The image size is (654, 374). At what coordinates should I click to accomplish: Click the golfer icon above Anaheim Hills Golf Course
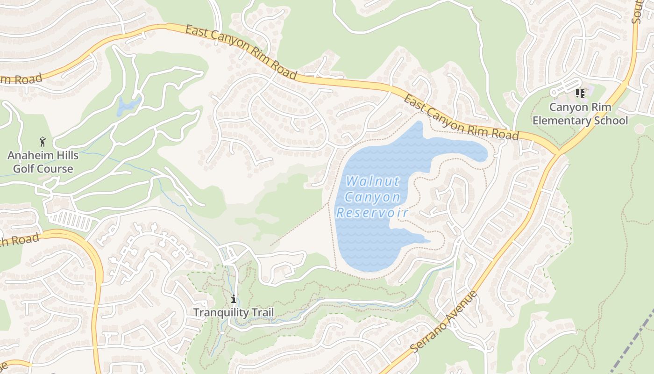pyautogui.click(x=43, y=141)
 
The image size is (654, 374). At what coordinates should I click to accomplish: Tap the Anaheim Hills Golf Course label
pyautogui.click(x=43, y=162)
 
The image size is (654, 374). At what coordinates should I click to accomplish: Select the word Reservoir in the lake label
pyautogui.click(x=372, y=213)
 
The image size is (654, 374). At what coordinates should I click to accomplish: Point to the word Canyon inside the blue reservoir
pyautogui.click(x=372, y=197)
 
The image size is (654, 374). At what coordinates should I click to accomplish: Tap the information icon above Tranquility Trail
pyautogui.click(x=233, y=299)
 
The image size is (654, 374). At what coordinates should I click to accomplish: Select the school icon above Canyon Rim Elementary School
pyautogui.click(x=580, y=93)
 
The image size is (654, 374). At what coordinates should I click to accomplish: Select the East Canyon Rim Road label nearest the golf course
pyautogui.click(x=241, y=52)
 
